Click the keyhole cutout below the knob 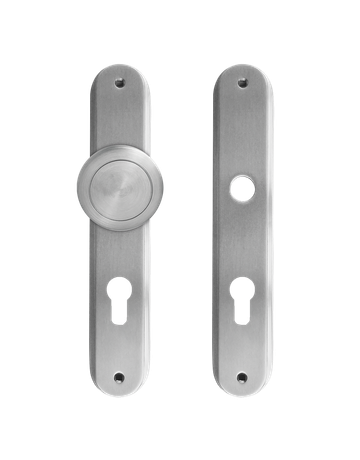[120, 300]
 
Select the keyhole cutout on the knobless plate [240, 300]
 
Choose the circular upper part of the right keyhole [240, 292]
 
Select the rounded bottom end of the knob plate [120, 390]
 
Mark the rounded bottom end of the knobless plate [240, 390]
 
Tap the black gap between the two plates [180, 230]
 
